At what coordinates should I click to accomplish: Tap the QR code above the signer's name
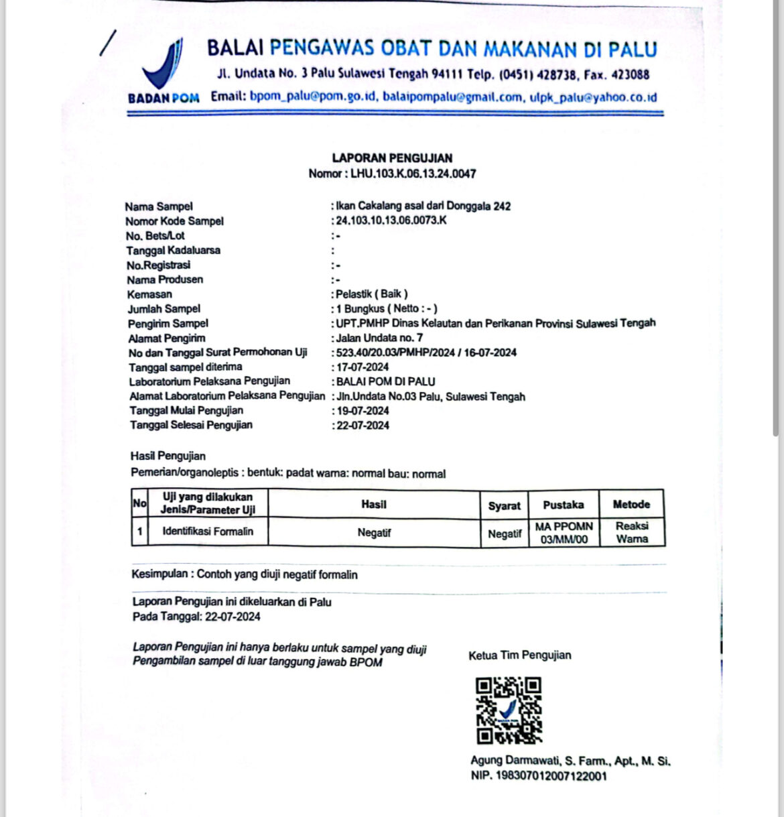pos(508,710)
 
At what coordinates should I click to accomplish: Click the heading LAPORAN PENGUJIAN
pos(392,158)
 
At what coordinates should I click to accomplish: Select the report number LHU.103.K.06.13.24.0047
pos(413,174)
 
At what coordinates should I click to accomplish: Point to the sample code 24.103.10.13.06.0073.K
pos(391,221)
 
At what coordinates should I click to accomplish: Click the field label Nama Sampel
pos(159,206)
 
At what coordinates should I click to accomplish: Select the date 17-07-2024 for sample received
pos(363,367)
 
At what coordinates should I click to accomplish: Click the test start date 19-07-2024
pos(363,411)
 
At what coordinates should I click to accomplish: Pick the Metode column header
pos(631,504)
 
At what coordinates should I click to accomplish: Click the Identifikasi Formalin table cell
pos(208,531)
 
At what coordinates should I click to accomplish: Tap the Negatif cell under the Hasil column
pos(374,533)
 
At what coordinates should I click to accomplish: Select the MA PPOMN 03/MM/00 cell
pos(564,533)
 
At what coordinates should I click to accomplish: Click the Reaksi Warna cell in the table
pos(632,532)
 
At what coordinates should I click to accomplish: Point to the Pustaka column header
pos(563,505)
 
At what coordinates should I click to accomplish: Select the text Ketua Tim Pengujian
pos(519,655)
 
